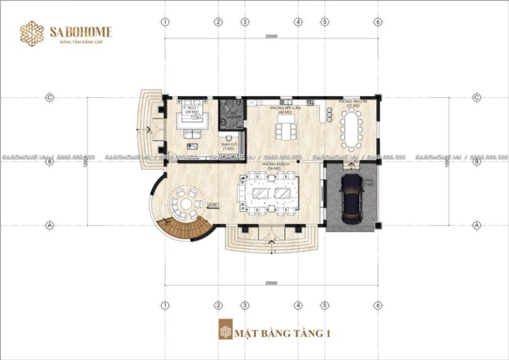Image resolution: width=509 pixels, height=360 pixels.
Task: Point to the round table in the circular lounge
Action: pyautogui.click(x=185, y=200)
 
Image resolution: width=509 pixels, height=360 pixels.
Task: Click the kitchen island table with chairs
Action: pyautogui.click(x=287, y=131)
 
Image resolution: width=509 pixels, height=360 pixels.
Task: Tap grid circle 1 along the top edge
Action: pyautogui.click(x=164, y=21)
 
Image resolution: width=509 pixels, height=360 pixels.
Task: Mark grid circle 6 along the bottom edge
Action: pyautogui.click(x=376, y=305)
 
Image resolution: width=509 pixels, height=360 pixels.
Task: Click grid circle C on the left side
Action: pyautogui.click(x=49, y=97)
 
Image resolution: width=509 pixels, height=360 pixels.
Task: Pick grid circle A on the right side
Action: pyautogui.click(x=477, y=225)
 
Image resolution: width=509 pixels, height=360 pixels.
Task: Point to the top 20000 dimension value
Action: pyautogui.click(x=270, y=37)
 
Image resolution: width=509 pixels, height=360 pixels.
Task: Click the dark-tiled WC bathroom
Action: pyautogui.click(x=230, y=111)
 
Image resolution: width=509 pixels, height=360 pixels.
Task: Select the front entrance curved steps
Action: pyautogui.click(x=271, y=243)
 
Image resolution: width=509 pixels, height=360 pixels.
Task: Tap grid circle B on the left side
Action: pyautogui.click(x=49, y=161)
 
